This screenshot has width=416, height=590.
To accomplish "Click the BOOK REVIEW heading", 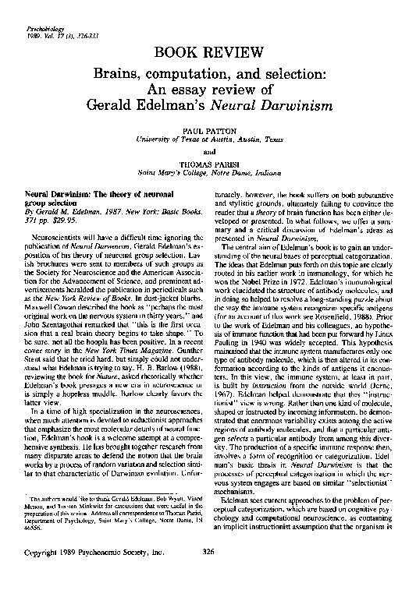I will [x=207, y=52].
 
